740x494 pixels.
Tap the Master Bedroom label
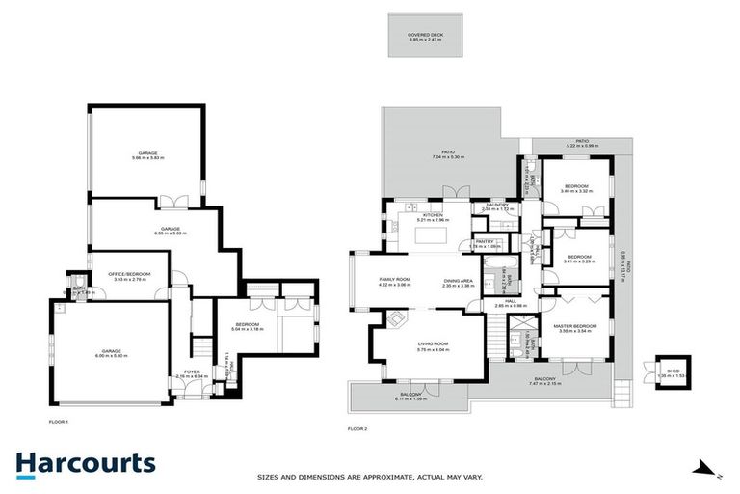point(575,328)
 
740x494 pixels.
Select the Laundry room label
point(497,206)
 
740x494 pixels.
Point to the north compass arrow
point(706,468)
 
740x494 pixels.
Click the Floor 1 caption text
point(58,422)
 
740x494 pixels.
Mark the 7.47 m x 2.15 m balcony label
point(543,381)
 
